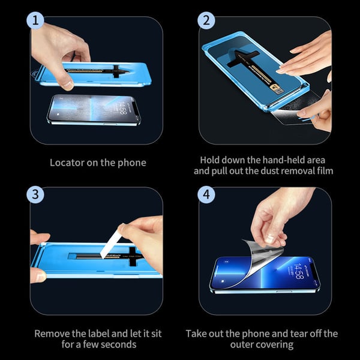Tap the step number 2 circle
click(207, 22)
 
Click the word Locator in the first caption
click(66, 163)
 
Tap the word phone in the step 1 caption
click(133, 163)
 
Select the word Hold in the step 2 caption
click(211, 160)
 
